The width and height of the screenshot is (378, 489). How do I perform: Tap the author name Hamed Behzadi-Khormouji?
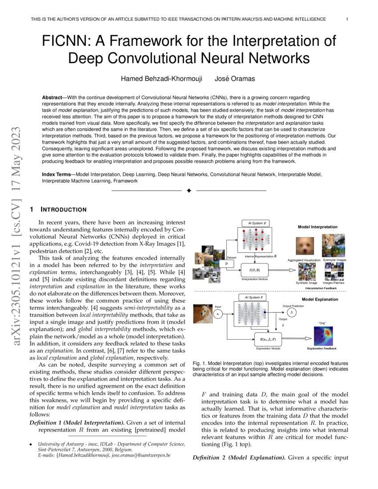161,79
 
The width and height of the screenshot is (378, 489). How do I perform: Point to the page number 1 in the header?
346,19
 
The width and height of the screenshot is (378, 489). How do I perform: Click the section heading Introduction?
64,209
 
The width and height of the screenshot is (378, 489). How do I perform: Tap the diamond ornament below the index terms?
189,191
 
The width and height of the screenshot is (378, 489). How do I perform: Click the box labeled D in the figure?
227,264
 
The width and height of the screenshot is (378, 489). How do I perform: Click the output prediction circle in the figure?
291,313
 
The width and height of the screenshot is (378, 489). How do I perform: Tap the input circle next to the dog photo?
217,314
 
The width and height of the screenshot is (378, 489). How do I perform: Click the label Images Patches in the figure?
334,282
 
